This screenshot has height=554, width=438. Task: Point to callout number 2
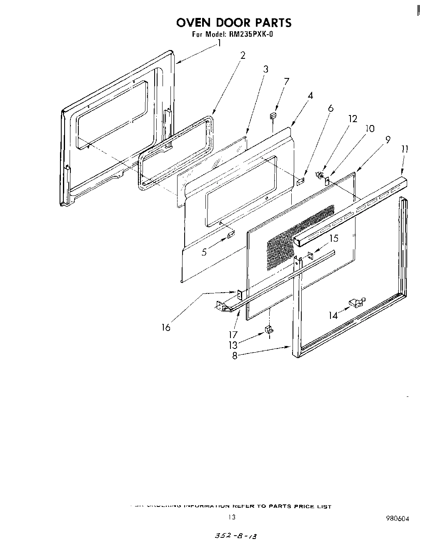tap(243, 55)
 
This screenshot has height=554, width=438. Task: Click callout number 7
tap(287, 81)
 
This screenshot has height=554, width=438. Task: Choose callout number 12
tap(353, 119)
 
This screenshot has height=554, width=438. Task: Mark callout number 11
tap(405, 149)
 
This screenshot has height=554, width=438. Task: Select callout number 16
tap(166, 328)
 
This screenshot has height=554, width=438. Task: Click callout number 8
tap(235, 356)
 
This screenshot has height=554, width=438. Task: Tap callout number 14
tap(333, 316)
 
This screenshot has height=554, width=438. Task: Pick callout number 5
tap(204, 252)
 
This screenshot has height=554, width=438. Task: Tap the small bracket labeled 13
tap(269, 330)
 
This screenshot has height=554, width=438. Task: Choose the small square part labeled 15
tap(310, 255)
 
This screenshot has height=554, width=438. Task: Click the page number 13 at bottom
tap(232, 517)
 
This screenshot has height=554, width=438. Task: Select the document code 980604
tap(398, 519)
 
